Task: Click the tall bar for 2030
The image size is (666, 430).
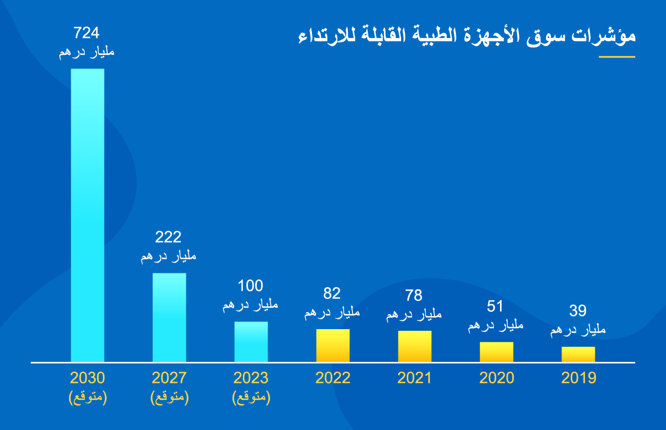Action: pyautogui.click(x=87, y=215)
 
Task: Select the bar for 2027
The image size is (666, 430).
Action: pyautogui.click(x=169, y=317)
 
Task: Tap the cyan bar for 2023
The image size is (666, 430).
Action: pyautogui.click(x=251, y=342)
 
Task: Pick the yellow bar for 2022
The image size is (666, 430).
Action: pyautogui.click(x=332, y=346)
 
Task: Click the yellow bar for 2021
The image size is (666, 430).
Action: pyautogui.click(x=414, y=347)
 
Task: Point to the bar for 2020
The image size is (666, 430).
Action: pyautogui.click(x=496, y=352)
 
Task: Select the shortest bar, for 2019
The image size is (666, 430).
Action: pyautogui.click(x=578, y=354)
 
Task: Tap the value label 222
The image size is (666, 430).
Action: pyautogui.click(x=168, y=237)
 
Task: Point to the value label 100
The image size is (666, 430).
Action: pyautogui.click(x=251, y=286)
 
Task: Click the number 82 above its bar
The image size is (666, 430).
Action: pyautogui.click(x=332, y=293)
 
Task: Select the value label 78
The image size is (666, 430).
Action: pyautogui.click(x=414, y=295)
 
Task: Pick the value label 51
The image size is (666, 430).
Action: pyautogui.click(x=495, y=307)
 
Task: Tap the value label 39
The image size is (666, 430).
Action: pyautogui.click(x=578, y=311)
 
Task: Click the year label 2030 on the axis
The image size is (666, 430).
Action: pyautogui.click(x=87, y=378)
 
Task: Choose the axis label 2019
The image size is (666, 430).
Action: pyautogui.click(x=578, y=378)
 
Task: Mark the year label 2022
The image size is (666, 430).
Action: pyautogui.click(x=332, y=378)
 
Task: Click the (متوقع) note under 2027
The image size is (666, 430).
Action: pyautogui.click(x=169, y=398)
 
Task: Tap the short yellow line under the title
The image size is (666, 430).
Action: pyautogui.click(x=617, y=57)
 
